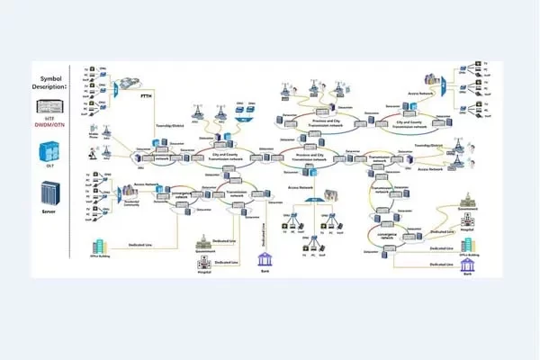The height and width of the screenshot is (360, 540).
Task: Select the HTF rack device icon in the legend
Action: (x=49, y=106)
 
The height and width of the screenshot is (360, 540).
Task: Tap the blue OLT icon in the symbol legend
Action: (x=49, y=148)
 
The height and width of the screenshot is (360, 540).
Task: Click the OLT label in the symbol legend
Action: (x=49, y=164)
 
